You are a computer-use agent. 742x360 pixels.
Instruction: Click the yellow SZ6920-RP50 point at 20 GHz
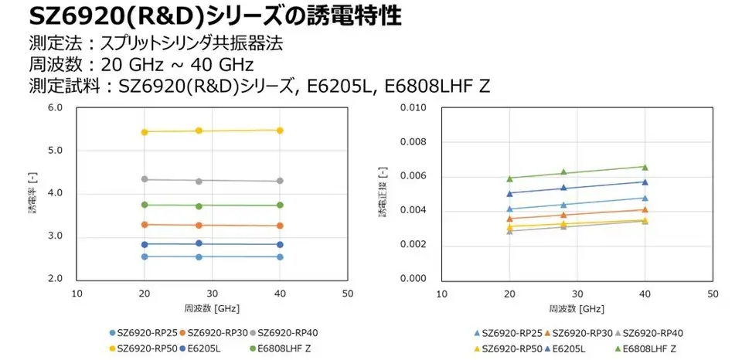click(x=145, y=132)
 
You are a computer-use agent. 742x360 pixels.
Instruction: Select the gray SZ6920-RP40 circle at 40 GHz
click(x=280, y=181)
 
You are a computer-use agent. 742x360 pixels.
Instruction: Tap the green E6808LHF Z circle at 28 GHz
click(x=199, y=206)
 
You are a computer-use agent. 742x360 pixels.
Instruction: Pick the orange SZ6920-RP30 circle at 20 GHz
click(x=145, y=225)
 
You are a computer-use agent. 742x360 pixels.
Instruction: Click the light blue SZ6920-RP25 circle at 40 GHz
click(x=280, y=257)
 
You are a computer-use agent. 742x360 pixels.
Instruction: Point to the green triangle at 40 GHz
click(x=645, y=167)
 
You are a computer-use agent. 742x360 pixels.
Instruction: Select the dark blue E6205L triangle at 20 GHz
click(x=509, y=194)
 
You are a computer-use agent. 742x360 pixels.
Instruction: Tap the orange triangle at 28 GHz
click(x=563, y=215)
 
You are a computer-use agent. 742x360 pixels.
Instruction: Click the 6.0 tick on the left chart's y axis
click(x=55, y=108)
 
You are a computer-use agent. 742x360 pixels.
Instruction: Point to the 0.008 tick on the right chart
click(x=415, y=142)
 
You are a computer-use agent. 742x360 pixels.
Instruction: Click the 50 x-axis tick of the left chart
click(x=347, y=294)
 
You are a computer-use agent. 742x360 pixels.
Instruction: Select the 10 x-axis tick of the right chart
click(x=442, y=294)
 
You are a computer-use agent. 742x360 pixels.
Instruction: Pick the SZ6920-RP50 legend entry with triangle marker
click(x=507, y=349)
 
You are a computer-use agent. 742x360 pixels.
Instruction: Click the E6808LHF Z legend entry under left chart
click(x=285, y=349)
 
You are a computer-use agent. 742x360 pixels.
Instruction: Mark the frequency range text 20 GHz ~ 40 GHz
click(x=179, y=64)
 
